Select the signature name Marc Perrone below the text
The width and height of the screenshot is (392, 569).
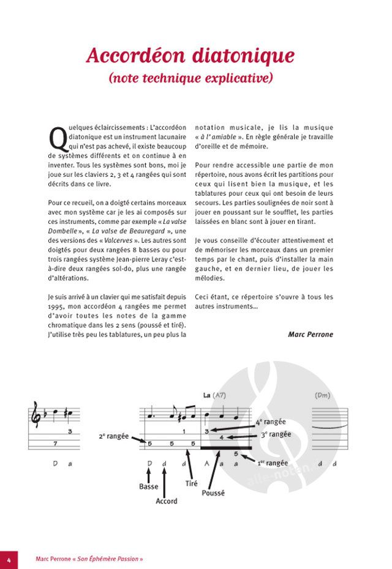click(311, 334)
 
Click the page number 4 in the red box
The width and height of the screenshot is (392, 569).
click(9, 559)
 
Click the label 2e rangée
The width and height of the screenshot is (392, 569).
click(113, 436)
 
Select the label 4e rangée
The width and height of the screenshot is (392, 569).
click(269, 422)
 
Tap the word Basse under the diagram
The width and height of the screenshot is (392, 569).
click(149, 487)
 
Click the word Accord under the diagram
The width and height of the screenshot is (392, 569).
click(167, 501)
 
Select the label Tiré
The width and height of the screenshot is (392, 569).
click(191, 483)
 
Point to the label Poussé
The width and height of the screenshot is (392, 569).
click(213, 493)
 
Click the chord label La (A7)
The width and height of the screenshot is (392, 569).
click(215, 396)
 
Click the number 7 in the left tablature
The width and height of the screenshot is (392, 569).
click(55, 443)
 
